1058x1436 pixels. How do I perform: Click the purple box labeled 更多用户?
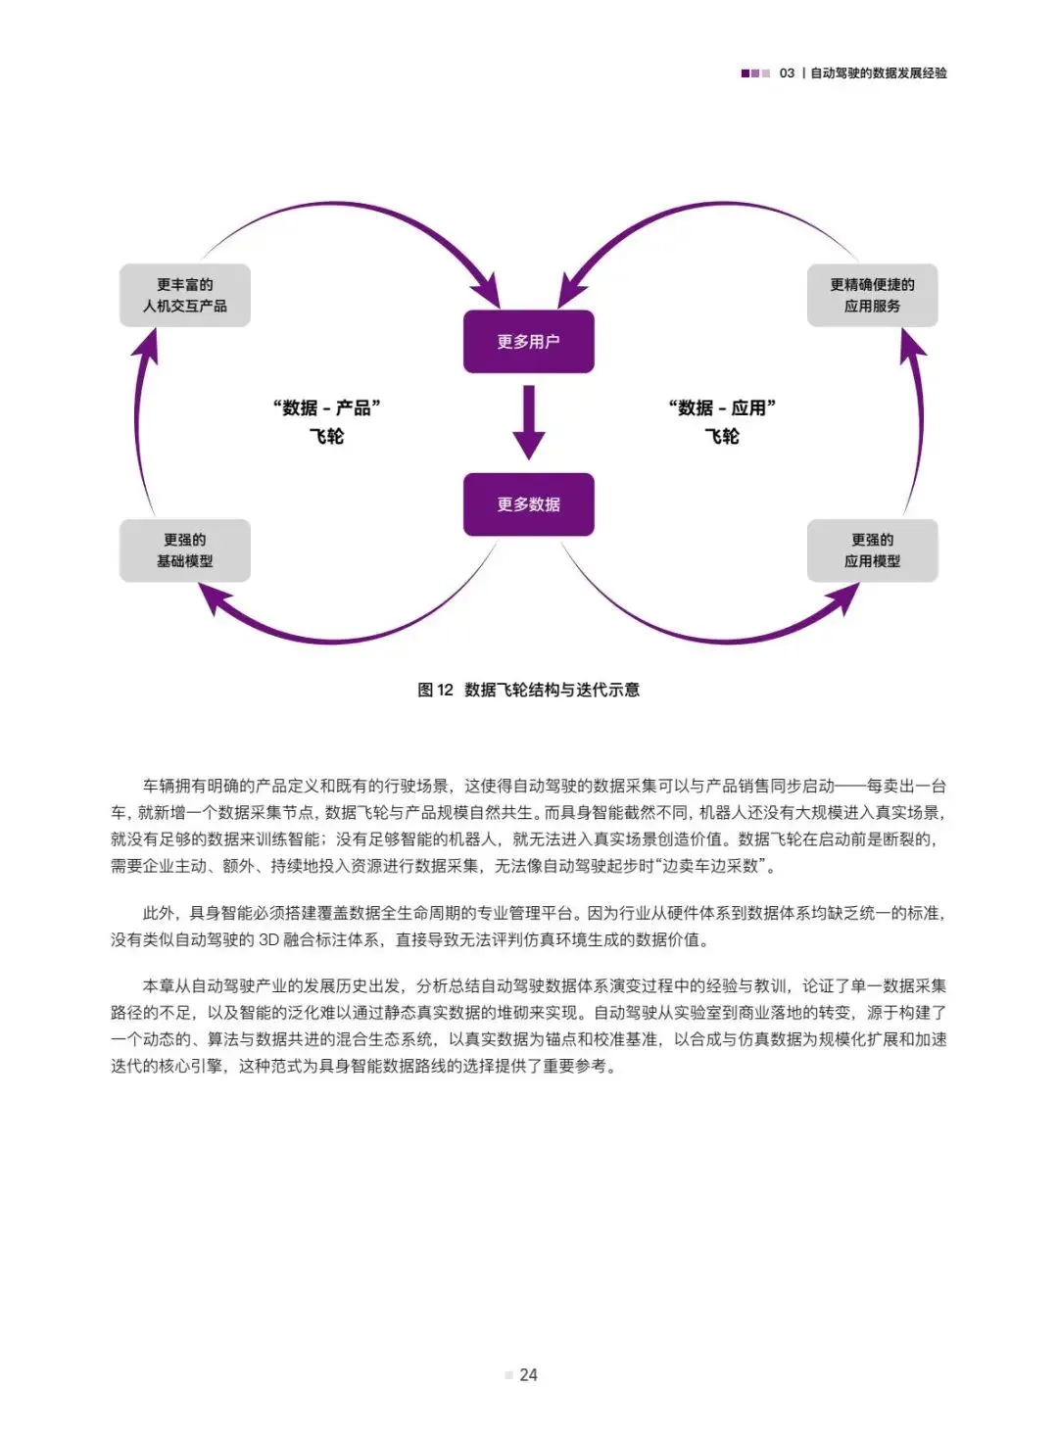[x=528, y=342]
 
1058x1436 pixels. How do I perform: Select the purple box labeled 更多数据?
[x=528, y=504]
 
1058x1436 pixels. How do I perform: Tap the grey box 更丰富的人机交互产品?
[x=185, y=295]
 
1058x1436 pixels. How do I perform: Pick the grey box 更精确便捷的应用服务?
[x=872, y=295]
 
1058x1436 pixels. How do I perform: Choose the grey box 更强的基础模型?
[x=185, y=550]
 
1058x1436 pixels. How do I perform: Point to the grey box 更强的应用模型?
[x=872, y=550]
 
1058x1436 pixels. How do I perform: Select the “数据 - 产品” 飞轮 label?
[x=327, y=422]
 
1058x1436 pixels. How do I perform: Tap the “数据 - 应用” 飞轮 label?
[x=722, y=422]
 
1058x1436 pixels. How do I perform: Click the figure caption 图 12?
[x=435, y=690]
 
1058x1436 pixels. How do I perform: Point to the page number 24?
[x=528, y=1375]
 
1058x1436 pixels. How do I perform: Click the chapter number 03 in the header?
[x=787, y=73]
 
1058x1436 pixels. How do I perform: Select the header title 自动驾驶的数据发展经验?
[x=879, y=73]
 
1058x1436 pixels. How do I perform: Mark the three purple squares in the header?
[x=755, y=73]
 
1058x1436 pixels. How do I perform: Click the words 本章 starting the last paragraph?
[x=159, y=986]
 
